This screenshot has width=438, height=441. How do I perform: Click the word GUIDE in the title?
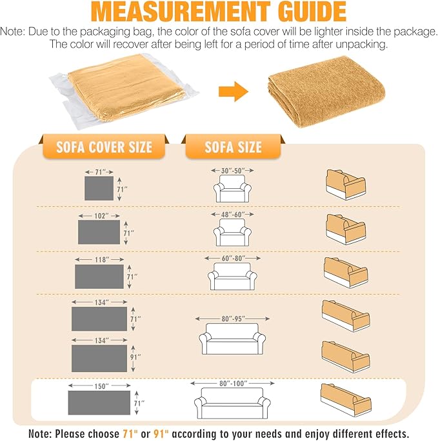[312, 11]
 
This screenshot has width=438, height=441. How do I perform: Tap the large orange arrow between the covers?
[234, 92]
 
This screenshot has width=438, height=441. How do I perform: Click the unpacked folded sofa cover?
[326, 91]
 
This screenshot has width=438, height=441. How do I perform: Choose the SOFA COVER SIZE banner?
[104, 147]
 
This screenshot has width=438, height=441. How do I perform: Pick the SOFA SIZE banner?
[234, 147]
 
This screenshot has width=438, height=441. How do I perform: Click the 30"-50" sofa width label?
[233, 171]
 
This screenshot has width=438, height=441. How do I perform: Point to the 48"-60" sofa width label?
[233, 215]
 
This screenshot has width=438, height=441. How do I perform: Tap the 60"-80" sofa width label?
[234, 258]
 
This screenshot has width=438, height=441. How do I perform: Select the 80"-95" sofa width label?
[233, 318]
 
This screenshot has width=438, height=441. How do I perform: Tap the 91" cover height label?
[135, 357]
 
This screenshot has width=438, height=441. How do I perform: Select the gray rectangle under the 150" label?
[99, 402]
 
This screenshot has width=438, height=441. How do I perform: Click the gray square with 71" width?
[99, 188]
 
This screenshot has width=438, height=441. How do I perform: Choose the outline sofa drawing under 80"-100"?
[232, 404]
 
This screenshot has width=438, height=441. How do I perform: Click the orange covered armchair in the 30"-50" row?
[346, 184]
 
